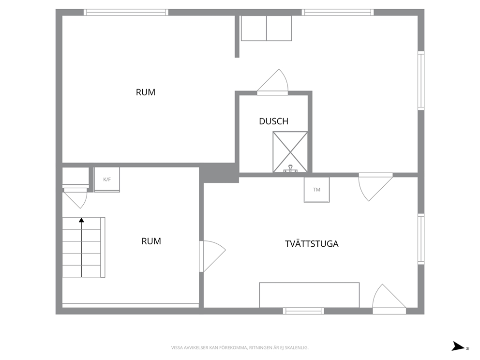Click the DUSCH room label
[274, 121]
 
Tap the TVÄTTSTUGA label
[312, 244]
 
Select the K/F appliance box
[107, 180]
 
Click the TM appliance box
[316, 190]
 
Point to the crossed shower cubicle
[290, 152]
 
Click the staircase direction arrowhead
[81, 220]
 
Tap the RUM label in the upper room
[146, 92]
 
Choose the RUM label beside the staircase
[151, 241]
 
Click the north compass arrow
[459, 346]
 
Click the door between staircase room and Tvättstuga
[212, 256]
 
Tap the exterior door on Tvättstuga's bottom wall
[389, 299]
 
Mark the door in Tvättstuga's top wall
[375, 187]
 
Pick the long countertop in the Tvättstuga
[309, 295]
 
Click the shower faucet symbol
[290, 169]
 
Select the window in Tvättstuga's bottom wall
[303, 311]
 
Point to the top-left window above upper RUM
[126, 12]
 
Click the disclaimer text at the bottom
[240, 348]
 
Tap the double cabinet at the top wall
[266, 28]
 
